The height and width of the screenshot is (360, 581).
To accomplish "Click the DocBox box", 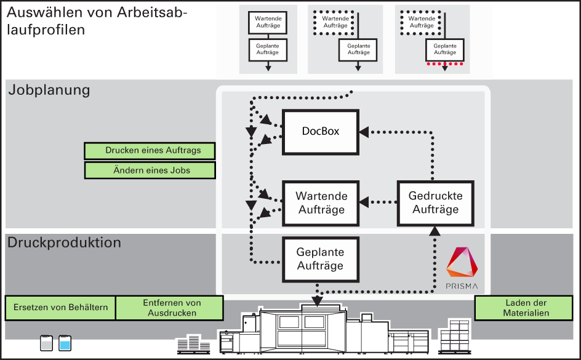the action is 321,132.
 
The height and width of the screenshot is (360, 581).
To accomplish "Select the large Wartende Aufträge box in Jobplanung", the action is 321,203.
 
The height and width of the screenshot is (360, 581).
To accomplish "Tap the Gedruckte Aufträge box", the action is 435,203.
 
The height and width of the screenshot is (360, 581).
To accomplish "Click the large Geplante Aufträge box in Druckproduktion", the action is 321,259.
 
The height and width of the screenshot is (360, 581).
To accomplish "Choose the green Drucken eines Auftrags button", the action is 150,151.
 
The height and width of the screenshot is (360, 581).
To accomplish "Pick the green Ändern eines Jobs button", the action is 150,170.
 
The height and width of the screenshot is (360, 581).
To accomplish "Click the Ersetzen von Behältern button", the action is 60,308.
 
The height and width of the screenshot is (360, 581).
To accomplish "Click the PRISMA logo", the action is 462,268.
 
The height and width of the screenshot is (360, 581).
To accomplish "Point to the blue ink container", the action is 65,343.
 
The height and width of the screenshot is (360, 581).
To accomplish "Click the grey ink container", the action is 46,343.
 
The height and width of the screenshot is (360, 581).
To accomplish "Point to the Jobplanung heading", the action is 49,90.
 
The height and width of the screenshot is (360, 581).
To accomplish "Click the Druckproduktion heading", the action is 64,242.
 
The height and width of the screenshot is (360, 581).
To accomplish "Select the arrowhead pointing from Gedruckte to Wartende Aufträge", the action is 364,202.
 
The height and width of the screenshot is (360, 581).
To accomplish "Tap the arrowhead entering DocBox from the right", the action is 364,132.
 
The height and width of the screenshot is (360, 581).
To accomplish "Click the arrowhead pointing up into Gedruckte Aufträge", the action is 435,231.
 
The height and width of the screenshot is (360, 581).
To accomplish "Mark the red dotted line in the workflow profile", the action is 444,64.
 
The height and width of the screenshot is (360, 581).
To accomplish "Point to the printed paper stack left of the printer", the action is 193,344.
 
